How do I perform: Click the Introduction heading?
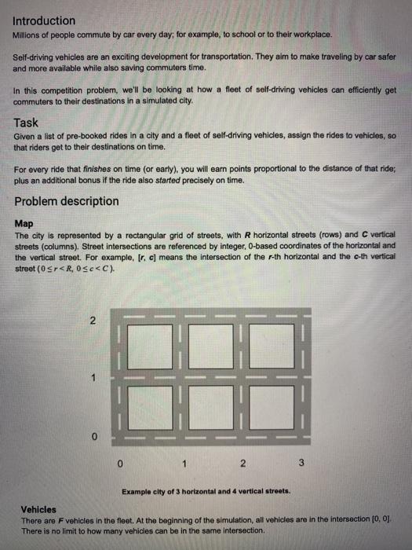pyautogui.click(x=45, y=20)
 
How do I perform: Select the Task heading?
pyautogui.click(x=27, y=123)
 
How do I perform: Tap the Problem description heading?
pyautogui.click(x=67, y=201)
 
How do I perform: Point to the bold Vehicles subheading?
pyautogui.click(x=38, y=509)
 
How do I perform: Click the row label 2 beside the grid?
pyautogui.click(x=92, y=322)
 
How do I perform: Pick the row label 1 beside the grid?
pyautogui.click(x=92, y=377)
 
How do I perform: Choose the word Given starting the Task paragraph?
pyautogui.click(x=26, y=136)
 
